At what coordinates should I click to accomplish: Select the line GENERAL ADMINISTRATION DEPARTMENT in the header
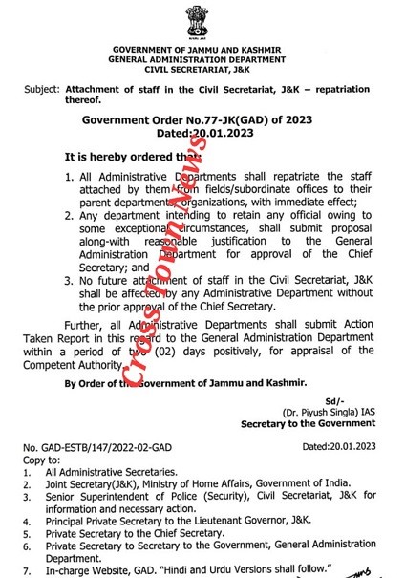point(202,58)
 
